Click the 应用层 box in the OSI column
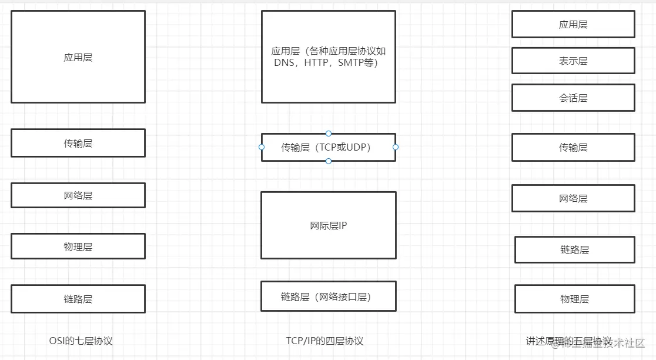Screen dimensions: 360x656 pos(78,57)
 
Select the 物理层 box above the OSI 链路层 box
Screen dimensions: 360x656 pos(78,246)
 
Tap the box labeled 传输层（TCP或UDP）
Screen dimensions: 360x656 pos(328,147)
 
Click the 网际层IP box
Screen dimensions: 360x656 pos(328,225)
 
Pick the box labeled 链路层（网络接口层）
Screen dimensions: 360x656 pos(328,296)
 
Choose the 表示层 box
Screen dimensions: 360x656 pos(573,61)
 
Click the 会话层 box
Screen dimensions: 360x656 pos(573,98)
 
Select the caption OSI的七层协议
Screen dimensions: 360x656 pos(81,341)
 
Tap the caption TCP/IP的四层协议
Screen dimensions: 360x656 pos(324,341)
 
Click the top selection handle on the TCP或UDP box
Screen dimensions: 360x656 pos(329,134)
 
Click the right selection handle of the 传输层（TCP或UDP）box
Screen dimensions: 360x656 pos(396,147)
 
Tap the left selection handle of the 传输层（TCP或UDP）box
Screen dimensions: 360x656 pos(262,147)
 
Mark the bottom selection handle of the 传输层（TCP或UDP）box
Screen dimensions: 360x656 pos(329,161)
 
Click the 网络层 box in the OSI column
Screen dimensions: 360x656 pos(78,195)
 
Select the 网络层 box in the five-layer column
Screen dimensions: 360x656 pos(573,198)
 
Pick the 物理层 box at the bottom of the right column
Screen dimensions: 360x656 pos(574,299)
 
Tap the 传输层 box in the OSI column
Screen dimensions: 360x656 pos(78,143)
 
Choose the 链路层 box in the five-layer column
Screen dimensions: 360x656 pos(574,249)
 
